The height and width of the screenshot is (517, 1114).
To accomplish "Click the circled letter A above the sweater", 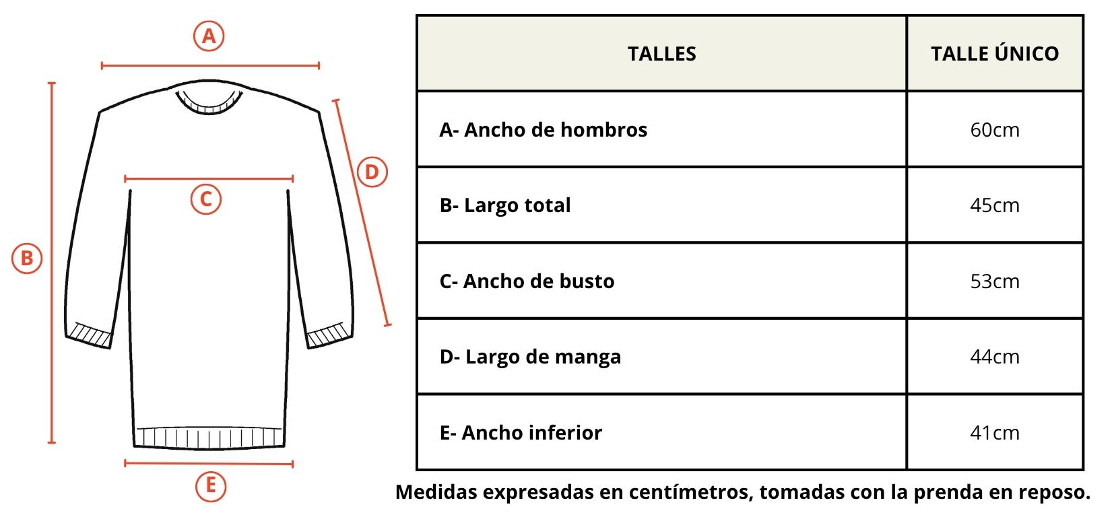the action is pos(209,36).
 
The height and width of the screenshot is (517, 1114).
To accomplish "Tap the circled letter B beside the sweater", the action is pos(27,258).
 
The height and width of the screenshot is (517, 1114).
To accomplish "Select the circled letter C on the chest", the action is pos(206,199).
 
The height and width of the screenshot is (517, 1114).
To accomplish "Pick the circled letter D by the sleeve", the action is pos(372,172).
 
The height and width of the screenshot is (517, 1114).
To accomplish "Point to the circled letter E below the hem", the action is pos(210,485).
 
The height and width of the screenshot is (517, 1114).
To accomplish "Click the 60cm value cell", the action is pos(995,130).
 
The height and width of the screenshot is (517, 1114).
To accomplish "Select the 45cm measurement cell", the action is pos(995,205).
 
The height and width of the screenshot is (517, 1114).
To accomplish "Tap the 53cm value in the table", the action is pos(995,281).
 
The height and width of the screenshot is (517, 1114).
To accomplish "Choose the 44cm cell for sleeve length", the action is pos(995,357).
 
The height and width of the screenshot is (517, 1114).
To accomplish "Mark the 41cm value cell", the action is pos(995,433).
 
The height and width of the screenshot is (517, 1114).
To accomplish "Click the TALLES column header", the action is pos(661,54).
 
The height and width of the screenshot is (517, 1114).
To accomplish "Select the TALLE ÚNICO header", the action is pos(995,53).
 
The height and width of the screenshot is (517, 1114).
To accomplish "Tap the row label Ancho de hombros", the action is pos(543,130).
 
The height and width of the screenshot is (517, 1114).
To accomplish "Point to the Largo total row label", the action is pos(504,205).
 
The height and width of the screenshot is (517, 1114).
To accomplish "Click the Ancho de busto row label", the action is pos(527,281).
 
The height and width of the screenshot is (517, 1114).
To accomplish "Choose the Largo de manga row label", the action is pos(530,357).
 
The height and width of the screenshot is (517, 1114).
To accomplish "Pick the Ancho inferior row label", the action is pos(521,433).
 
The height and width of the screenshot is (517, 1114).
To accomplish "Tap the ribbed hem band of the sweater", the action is pos(209,438).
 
